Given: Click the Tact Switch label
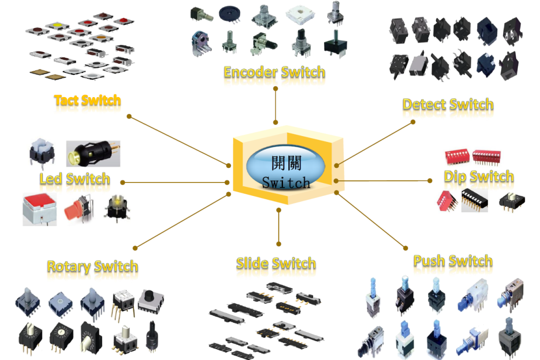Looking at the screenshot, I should click(87, 100).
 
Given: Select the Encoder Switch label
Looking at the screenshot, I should click(274, 72).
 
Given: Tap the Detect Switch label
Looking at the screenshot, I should click(448, 104).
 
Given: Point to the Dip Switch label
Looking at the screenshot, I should click(478, 176).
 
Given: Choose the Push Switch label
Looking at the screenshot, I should click(453, 261).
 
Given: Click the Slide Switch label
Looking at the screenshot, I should click(275, 263).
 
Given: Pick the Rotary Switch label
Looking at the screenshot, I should click(92, 266).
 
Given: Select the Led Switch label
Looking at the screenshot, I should click(75, 179).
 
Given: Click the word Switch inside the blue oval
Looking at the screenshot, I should click(286, 182).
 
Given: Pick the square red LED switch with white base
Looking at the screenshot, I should click(39, 208).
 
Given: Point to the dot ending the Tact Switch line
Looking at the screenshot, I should click(129, 116).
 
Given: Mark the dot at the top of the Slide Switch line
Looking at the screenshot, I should click(279, 209).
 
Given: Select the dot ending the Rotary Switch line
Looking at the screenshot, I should click(134, 248).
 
